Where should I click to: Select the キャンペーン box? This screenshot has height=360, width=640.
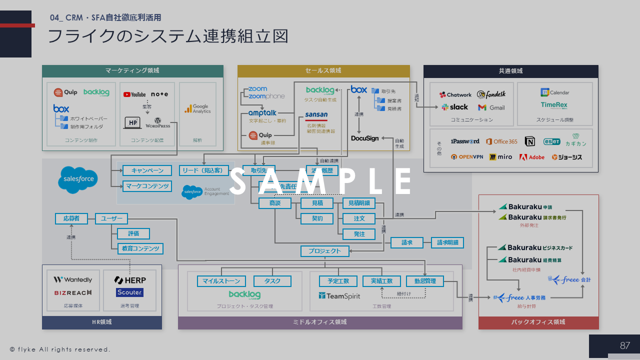[x=147, y=170]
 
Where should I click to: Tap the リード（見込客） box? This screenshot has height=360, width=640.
[x=204, y=170]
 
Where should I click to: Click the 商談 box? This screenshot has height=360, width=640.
[x=274, y=203]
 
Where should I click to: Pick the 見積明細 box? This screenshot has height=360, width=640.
[x=358, y=203]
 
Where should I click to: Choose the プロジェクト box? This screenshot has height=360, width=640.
[x=324, y=251]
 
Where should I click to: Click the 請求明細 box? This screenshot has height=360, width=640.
[x=447, y=243]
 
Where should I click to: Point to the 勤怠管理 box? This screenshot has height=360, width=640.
[x=424, y=281]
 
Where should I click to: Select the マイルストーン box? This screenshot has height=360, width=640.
[x=221, y=281]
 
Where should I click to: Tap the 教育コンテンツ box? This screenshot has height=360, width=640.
[x=140, y=248]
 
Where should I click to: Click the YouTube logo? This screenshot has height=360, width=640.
[x=134, y=94]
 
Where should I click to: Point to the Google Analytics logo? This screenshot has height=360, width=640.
[x=197, y=108]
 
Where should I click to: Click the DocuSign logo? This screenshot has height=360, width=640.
[x=364, y=138]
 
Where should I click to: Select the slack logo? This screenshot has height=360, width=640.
[x=454, y=107]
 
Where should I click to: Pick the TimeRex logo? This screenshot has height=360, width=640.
[x=553, y=105]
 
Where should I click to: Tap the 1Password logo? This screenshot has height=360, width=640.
[x=464, y=141]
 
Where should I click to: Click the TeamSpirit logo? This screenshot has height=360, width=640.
[x=339, y=296]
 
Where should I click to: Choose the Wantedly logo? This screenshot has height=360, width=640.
[x=73, y=279]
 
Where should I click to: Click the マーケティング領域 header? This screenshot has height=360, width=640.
[x=132, y=71]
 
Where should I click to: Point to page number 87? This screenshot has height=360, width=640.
[x=625, y=345]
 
